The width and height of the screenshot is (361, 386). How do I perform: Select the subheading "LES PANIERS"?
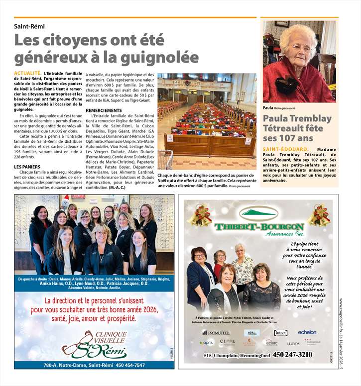point(27,167)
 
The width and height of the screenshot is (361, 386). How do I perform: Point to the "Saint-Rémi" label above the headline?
point(29,26)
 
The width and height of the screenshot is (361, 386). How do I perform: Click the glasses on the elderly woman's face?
point(300,48)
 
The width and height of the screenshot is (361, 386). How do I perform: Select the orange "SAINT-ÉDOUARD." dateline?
point(286,149)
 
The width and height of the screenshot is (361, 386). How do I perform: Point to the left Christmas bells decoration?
point(199,215)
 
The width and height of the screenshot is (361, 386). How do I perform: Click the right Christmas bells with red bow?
point(319,215)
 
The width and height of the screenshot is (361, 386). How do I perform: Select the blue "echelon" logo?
point(307,332)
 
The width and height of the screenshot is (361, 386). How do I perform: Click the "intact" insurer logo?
point(281,332)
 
